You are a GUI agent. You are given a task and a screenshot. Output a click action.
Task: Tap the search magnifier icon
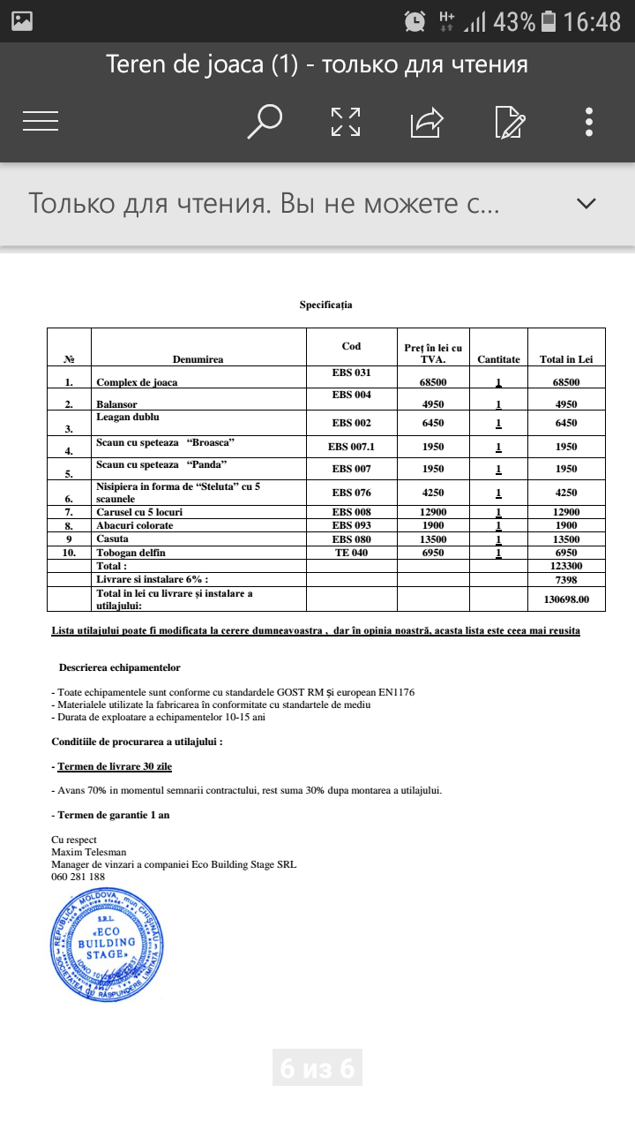pyautogui.click(x=264, y=122)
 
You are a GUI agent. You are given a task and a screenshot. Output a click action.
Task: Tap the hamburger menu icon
pyautogui.click(x=41, y=122)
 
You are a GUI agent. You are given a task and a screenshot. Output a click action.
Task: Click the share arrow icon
pyautogui.click(x=427, y=122)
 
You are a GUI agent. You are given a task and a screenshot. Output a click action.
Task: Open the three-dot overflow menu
pyautogui.click(x=589, y=122)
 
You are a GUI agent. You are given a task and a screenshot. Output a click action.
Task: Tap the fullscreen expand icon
pyautogui.click(x=346, y=122)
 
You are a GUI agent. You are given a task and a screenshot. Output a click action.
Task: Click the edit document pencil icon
pyautogui.click(x=511, y=122)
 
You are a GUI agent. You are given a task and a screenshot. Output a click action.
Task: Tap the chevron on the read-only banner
pyautogui.click(x=586, y=204)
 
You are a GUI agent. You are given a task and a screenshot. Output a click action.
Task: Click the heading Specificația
pyautogui.click(x=325, y=305)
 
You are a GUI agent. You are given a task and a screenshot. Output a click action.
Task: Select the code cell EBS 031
pyautogui.click(x=351, y=373)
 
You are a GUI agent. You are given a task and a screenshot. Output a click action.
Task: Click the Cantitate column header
pyautogui.click(x=498, y=359)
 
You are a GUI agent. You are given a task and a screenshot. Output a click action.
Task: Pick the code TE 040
pyautogui.click(x=351, y=552)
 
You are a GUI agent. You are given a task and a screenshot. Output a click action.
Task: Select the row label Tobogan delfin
pyautogui.click(x=131, y=553)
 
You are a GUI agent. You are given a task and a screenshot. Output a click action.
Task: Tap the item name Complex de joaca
pyautogui.click(x=137, y=382)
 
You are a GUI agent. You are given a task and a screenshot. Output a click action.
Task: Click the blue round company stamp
pyautogui.click(x=107, y=943)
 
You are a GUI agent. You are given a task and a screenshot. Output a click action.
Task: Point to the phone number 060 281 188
pyautogui.click(x=78, y=877)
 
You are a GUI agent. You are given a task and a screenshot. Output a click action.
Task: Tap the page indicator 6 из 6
pyautogui.click(x=317, y=1069)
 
